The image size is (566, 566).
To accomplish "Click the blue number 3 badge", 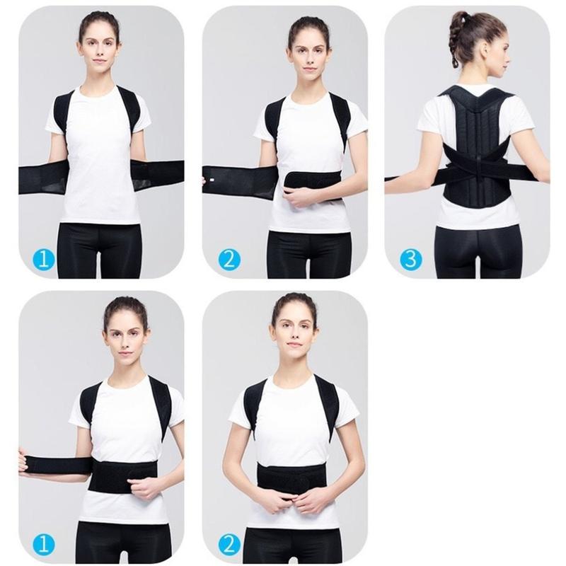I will click(x=410, y=259).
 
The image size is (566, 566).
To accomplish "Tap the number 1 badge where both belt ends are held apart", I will click(x=44, y=259).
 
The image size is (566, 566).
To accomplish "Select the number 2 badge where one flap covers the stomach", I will click(x=228, y=259).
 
